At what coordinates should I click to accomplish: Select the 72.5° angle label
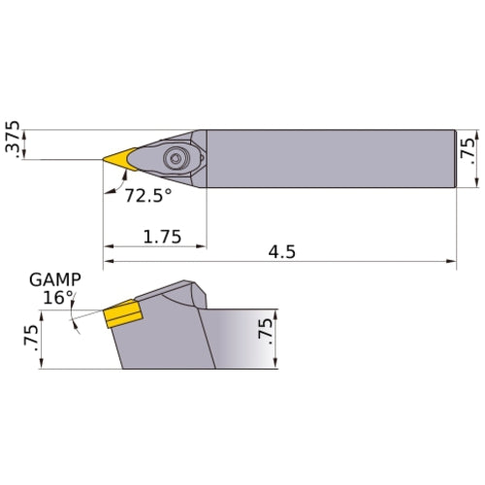[148, 195]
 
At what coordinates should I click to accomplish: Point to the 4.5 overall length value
[282, 251]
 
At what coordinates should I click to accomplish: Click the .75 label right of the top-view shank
[470, 151]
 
